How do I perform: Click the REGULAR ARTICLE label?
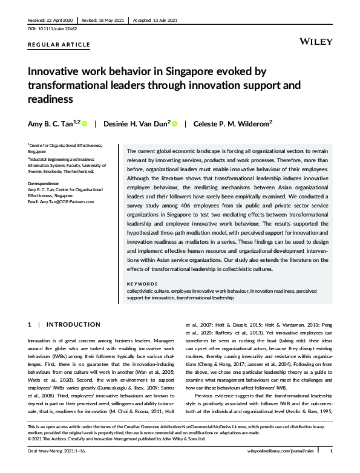coord(59,45)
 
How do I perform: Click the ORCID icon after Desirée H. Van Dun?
coord(174,124)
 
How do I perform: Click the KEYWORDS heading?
coord(143,284)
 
